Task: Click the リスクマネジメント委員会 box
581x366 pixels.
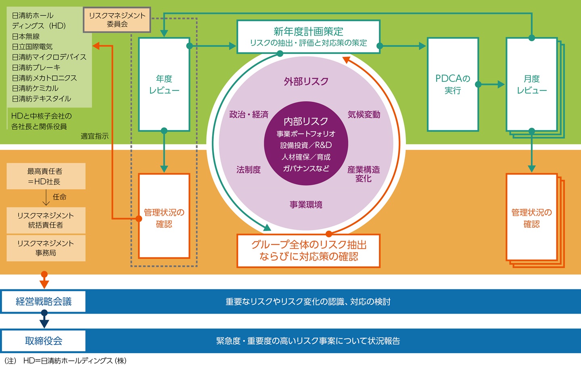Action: coord(117,20)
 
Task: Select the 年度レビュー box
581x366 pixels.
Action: coord(164,85)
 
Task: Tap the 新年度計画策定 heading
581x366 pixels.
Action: coord(308,31)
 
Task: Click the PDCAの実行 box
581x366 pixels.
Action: coord(453,85)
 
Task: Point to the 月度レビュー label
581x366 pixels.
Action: coord(532,85)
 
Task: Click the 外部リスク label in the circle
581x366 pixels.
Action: coord(306,81)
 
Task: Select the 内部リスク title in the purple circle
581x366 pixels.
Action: coord(306,121)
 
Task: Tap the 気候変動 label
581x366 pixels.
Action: coord(364,114)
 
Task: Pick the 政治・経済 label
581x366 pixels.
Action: coord(249,114)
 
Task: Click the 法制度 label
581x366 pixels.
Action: coord(249,170)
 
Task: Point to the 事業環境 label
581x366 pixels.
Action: coord(306,205)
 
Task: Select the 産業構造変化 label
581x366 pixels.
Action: coord(364,174)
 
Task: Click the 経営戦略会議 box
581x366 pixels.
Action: coord(44,302)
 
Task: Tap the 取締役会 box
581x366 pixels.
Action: coord(44,341)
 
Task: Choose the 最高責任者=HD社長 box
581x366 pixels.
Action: coord(46,176)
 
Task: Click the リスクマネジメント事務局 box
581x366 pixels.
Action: coord(46,248)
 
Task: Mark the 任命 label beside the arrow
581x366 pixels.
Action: coord(59,197)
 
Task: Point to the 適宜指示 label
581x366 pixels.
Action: coord(95,136)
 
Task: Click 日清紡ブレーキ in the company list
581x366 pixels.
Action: coord(36,67)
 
